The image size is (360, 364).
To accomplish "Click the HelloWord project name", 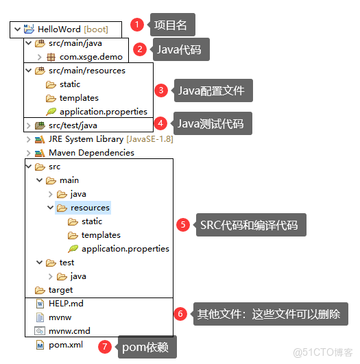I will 60,29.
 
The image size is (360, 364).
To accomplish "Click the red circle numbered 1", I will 137,25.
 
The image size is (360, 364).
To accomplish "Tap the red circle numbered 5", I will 182,224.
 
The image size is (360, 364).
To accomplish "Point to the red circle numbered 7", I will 104,347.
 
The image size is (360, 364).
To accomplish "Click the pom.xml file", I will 65,345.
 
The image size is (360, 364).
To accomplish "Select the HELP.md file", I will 66,304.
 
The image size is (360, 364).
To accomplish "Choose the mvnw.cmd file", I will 69,331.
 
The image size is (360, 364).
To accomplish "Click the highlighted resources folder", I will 90,208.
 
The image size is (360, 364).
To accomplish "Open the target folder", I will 60,290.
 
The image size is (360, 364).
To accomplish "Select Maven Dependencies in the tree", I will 91,153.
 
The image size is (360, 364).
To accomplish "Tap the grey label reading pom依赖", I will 147,348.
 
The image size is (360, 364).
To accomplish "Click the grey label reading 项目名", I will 169,25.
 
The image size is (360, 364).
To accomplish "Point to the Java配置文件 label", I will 211,90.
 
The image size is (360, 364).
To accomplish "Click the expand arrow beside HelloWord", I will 16,29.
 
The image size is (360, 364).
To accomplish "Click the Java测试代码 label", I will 211,124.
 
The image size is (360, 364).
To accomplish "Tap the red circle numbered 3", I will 161,90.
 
